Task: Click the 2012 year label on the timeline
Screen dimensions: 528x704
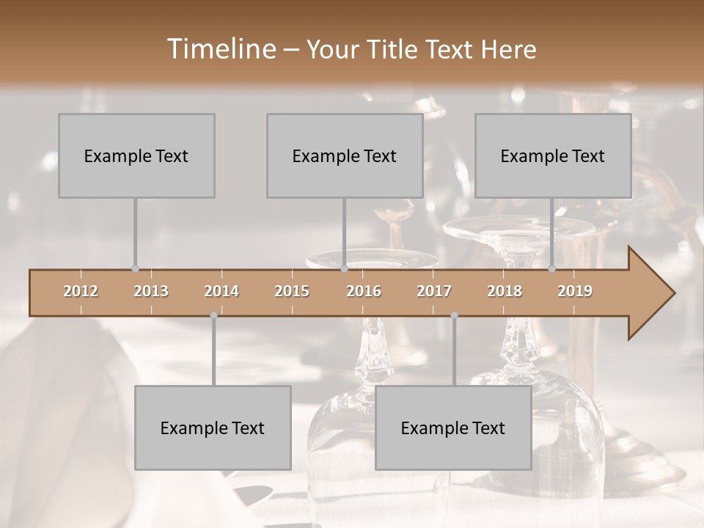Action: pyautogui.click(x=81, y=292)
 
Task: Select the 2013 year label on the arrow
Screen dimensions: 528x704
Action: pyautogui.click(x=151, y=292)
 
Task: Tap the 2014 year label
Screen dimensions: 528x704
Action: pyautogui.click(x=221, y=292)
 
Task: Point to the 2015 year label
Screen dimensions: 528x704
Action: pyautogui.click(x=292, y=292)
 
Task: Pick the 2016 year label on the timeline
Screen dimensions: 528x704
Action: pyautogui.click(x=364, y=292)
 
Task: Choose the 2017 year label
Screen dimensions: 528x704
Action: pyautogui.click(x=434, y=292)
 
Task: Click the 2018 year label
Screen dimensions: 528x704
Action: pyautogui.click(x=505, y=292)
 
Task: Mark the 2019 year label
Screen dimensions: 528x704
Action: pyautogui.click(x=575, y=292)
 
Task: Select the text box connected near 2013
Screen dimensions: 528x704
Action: pyautogui.click(x=136, y=155)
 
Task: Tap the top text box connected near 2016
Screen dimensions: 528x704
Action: pyautogui.click(x=345, y=155)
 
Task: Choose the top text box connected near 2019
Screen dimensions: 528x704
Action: pyautogui.click(x=553, y=155)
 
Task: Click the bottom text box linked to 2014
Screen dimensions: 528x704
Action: pyautogui.click(x=213, y=428)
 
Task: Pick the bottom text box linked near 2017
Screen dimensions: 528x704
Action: pyautogui.click(x=453, y=428)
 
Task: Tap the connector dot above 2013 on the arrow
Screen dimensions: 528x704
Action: pyautogui.click(x=135, y=269)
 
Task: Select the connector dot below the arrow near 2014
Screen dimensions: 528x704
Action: pyautogui.click(x=213, y=315)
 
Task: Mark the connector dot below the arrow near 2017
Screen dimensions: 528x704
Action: pyautogui.click(x=454, y=315)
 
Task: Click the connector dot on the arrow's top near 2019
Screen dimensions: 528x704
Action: pyautogui.click(x=552, y=269)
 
